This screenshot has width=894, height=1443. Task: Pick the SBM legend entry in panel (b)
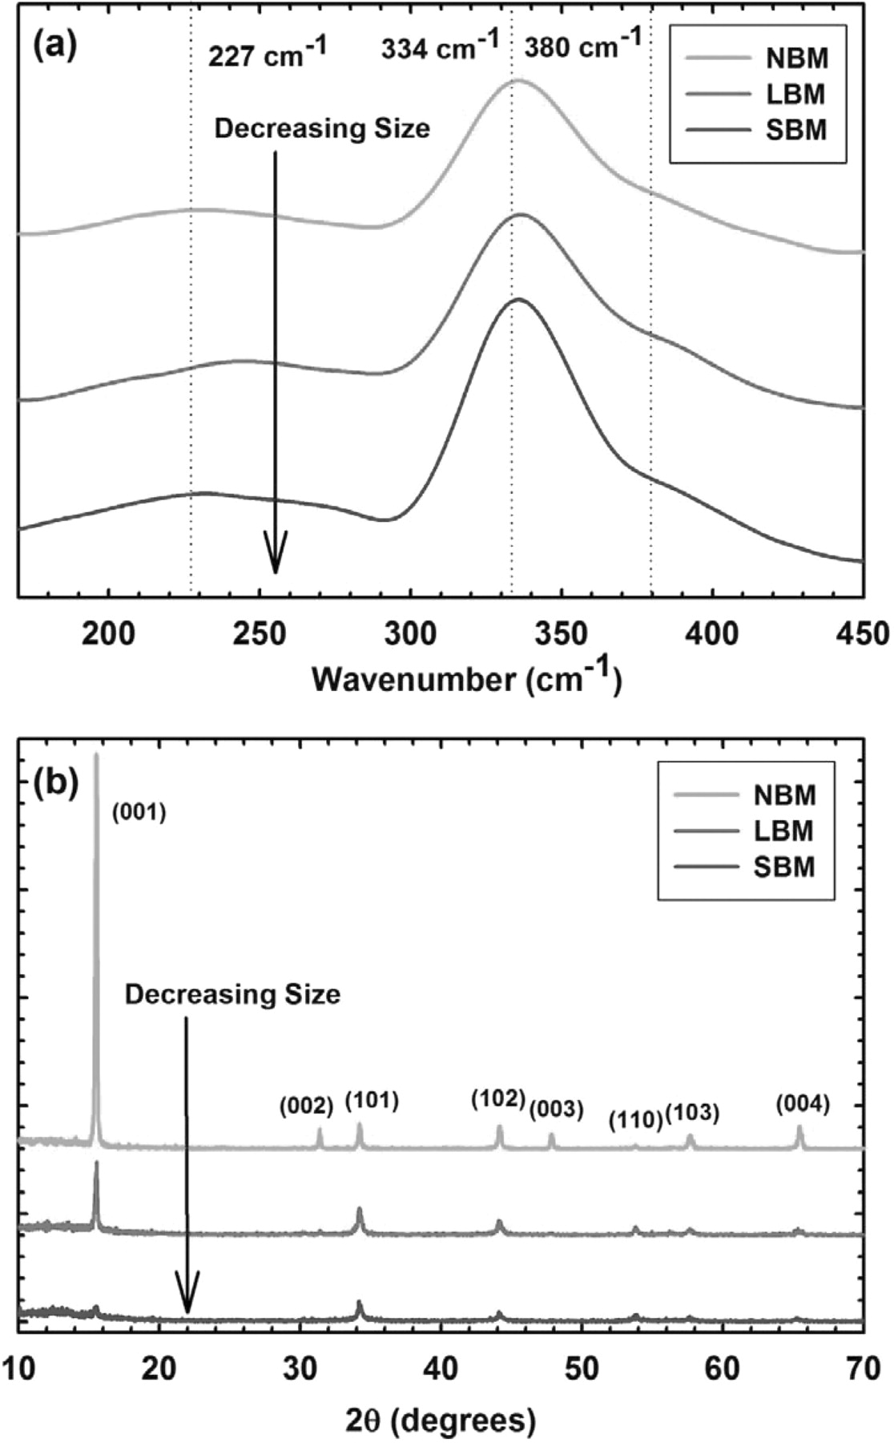pyautogui.click(x=783, y=867)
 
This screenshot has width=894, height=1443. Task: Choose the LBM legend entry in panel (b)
pyautogui.click(x=783, y=831)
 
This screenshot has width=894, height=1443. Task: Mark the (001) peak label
pyautogui.click(x=139, y=814)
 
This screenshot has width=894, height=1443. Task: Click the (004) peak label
pyautogui.click(x=802, y=1105)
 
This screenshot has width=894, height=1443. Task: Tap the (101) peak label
pyautogui.click(x=372, y=1101)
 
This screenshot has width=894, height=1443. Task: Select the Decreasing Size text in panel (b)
pyautogui.click(x=232, y=995)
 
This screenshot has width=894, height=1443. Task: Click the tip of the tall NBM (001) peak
pyautogui.click(x=97, y=754)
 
